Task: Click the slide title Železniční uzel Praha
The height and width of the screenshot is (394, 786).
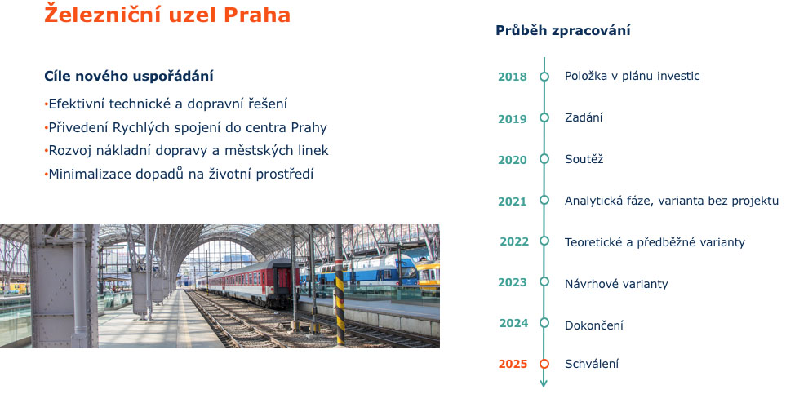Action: (x=167, y=14)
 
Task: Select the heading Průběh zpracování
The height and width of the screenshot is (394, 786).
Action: (x=563, y=30)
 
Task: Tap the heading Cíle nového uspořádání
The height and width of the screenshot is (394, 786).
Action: (x=129, y=76)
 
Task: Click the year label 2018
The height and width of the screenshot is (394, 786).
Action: (x=513, y=77)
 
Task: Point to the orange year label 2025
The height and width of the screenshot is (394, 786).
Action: (x=513, y=364)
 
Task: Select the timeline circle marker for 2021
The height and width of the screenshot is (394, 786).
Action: (x=544, y=200)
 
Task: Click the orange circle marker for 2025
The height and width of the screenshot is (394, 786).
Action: (x=544, y=364)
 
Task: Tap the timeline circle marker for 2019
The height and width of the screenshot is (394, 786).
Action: (x=544, y=117)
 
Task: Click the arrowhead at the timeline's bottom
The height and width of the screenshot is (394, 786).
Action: (x=544, y=383)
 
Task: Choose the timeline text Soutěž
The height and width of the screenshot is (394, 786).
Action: (x=584, y=159)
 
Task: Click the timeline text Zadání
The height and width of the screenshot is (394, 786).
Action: (x=584, y=117)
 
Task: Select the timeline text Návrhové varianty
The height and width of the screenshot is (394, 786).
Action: (x=616, y=284)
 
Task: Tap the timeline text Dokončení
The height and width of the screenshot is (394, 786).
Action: (x=594, y=325)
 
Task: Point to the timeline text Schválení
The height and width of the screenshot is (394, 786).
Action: (x=592, y=364)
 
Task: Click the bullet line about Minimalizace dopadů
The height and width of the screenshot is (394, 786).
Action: (x=179, y=174)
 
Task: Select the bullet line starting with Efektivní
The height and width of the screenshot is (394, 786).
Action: (x=166, y=104)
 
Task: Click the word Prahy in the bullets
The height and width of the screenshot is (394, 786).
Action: (x=309, y=128)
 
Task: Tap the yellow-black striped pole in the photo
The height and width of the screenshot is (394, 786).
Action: (x=340, y=296)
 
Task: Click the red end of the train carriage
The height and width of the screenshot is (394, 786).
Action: (x=282, y=281)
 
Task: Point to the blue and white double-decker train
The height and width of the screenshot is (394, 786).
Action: (x=359, y=270)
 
